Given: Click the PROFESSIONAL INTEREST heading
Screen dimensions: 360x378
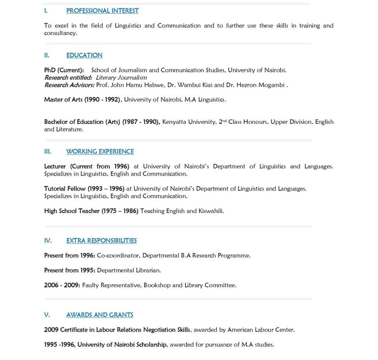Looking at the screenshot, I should click(x=102, y=11).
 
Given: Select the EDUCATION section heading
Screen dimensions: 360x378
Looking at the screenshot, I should click(x=84, y=55).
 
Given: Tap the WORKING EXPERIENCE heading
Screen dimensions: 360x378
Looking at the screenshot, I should click(x=100, y=152).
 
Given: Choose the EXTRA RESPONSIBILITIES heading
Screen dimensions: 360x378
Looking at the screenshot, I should click(x=101, y=241).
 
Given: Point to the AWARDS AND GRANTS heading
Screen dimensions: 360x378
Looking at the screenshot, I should click(x=100, y=315).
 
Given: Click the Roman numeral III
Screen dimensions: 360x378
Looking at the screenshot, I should click(x=48, y=152).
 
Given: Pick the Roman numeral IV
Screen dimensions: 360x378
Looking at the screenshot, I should click(x=48, y=241).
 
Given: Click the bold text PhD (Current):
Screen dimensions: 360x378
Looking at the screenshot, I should click(x=64, y=70).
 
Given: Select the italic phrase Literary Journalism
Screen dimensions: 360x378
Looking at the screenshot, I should click(x=121, y=78).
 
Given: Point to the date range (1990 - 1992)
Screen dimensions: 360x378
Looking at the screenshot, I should click(x=102, y=100).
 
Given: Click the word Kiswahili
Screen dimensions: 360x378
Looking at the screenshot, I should click(x=211, y=211).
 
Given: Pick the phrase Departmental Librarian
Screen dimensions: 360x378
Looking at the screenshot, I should click(x=129, y=271).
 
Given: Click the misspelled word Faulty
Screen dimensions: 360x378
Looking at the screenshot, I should click(x=90, y=285).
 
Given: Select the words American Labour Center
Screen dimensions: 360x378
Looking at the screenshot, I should click(x=261, y=330).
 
